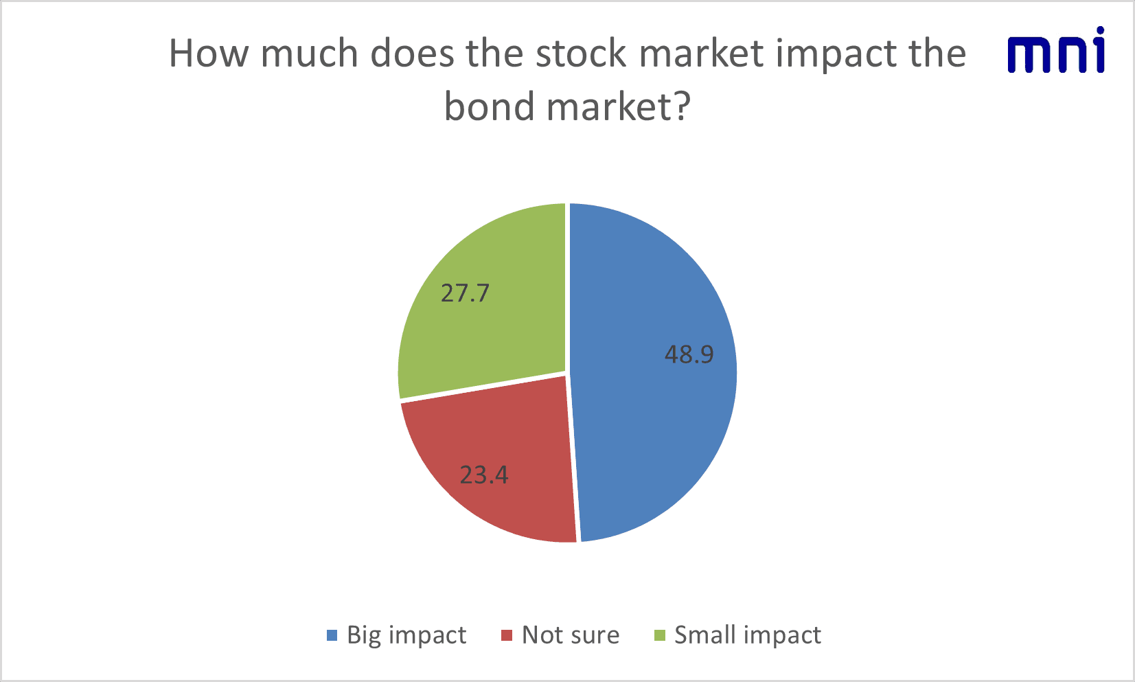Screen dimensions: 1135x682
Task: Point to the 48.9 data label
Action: coord(689,354)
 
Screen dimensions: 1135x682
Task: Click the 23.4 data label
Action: coord(484,475)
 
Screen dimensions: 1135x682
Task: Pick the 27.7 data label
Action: coord(465,293)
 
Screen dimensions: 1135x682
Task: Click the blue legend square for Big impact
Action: coord(332,635)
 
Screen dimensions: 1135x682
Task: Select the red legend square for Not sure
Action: coord(507,635)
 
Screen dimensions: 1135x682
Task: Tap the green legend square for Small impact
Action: coord(660,635)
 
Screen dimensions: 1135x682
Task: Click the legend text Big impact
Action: coord(406,635)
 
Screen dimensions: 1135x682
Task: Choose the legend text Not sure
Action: coord(571,635)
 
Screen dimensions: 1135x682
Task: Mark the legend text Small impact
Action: coord(748,635)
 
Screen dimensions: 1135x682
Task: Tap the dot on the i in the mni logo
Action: coord(1099,31)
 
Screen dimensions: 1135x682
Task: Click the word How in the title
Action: coord(209,53)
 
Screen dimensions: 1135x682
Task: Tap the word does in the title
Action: coord(413,53)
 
